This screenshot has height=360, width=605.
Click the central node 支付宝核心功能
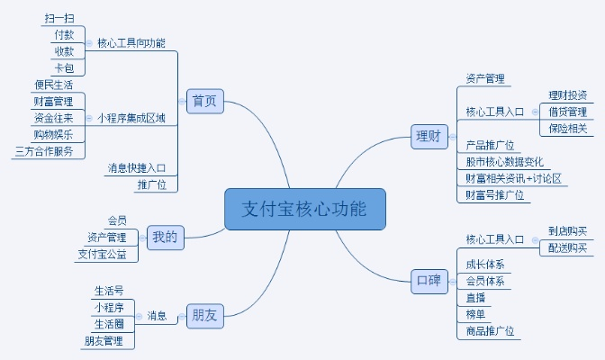tap(304, 209)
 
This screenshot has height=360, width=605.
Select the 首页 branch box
tap(204, 101)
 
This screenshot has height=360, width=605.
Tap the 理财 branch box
tap(428, 137)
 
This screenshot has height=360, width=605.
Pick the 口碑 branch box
tap(428, 280)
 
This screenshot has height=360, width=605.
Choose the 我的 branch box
tap(165, 238)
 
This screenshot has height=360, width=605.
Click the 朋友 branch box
tap(203, 314)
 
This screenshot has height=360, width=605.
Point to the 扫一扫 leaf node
tap(59, 18)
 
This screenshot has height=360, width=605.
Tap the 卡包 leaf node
tap(63, 67)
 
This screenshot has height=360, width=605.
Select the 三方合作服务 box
tap(44, 151)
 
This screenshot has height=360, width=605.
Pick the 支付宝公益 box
tap(108, 255)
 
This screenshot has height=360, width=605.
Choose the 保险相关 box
tap(567, 129)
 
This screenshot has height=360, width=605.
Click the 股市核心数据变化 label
tap(504, 161)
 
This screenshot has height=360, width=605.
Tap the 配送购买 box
tap(567, 247)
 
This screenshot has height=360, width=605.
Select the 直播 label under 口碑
tap(474, 298)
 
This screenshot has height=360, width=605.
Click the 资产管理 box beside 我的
tap(106, 238)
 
